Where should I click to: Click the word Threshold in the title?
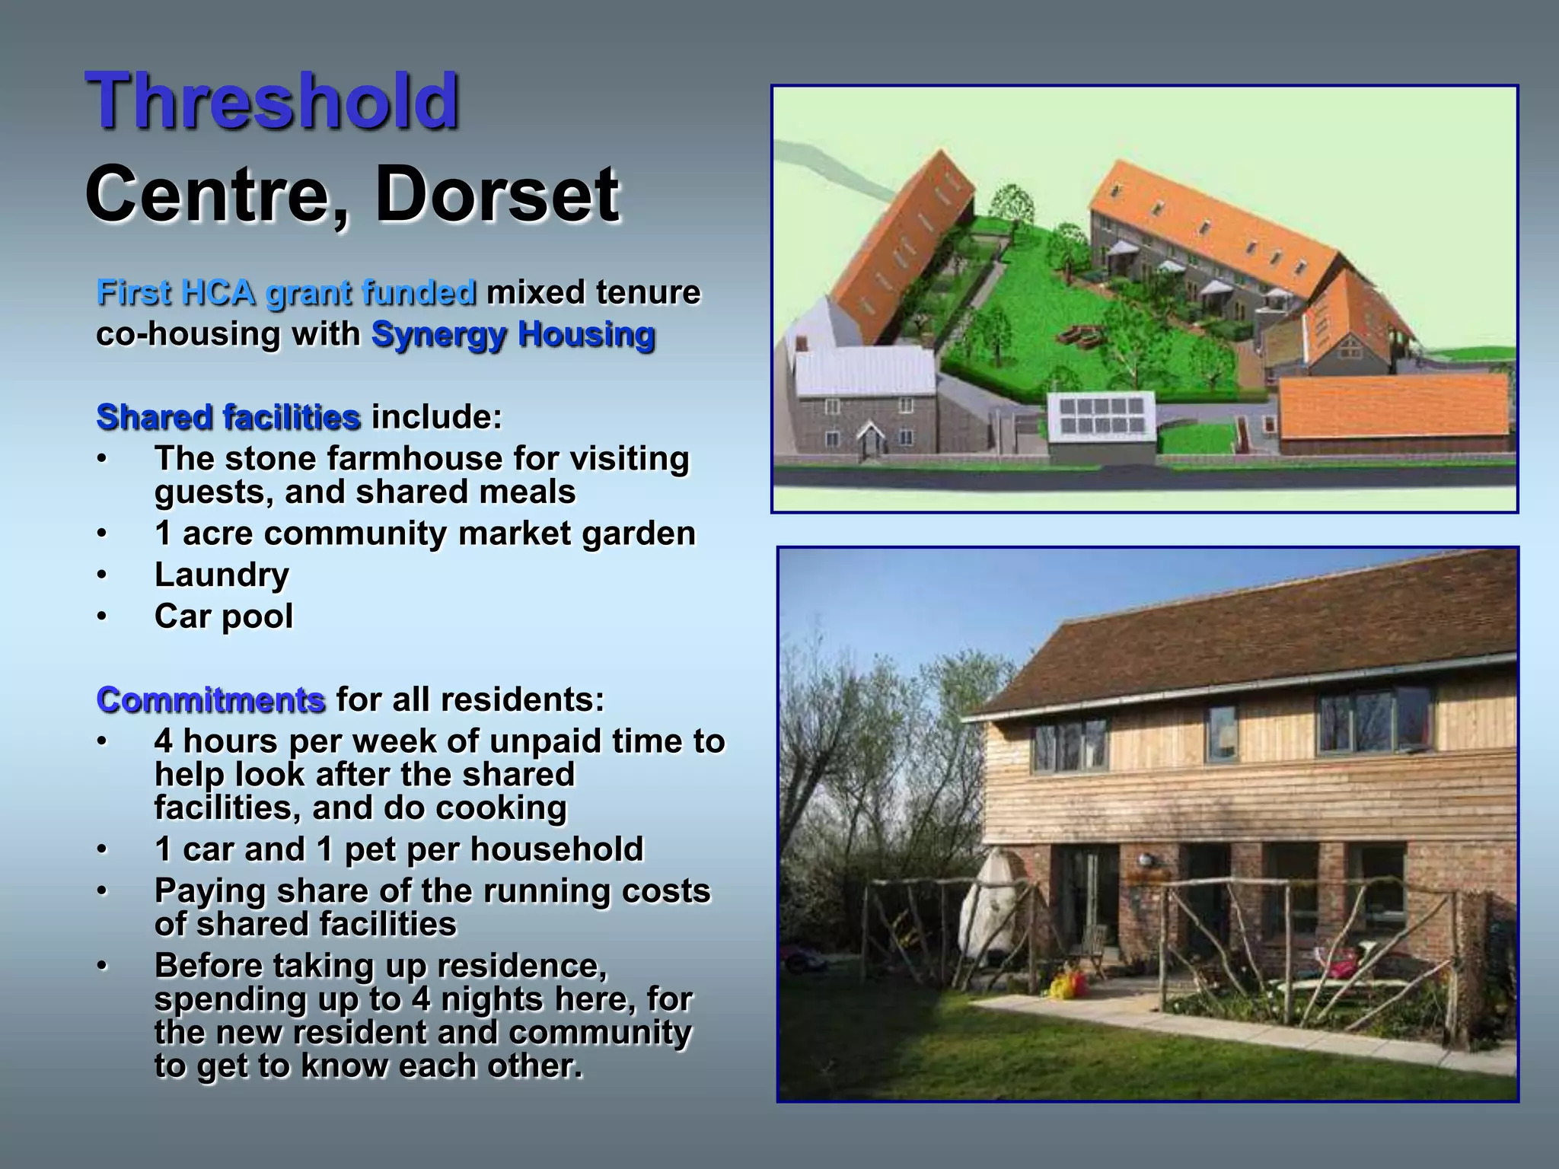(273, 100)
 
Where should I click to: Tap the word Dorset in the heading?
(496, 194)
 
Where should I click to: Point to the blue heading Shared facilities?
(228, 417)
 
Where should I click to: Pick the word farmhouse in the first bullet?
(415, 458)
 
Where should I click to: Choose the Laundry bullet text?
(222, 575)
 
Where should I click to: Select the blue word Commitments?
(211, 699)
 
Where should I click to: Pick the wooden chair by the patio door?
(1095, 948)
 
